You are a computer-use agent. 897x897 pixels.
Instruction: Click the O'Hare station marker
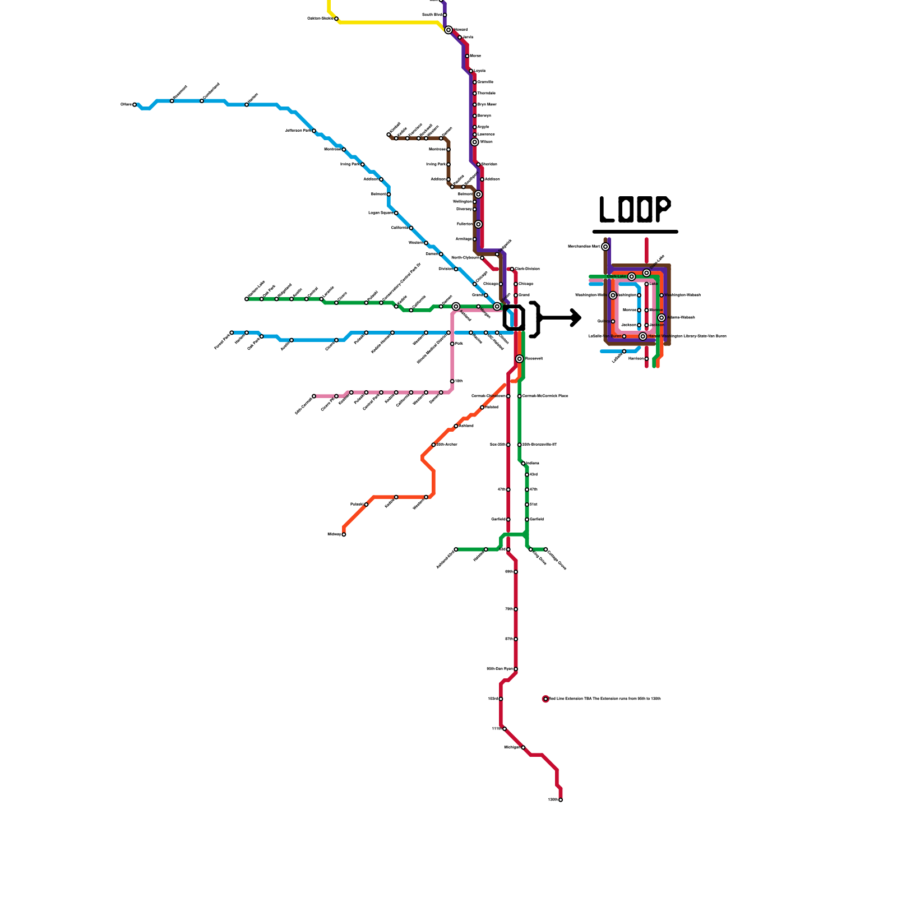pyautogui.click(x=135, y=105)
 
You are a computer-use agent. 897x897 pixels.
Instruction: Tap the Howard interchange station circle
pyautogui.click(x=449, y=30)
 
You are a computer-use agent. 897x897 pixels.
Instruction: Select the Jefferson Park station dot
pyautogui.click(x=314, y=131)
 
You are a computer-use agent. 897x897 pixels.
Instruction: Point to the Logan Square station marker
pyautogui.click(x=396, y=213)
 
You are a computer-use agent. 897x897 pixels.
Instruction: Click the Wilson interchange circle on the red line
pyautogui.click(x=475, y=142)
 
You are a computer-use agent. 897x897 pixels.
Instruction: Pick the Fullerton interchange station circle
pyautogui.click(x=478, y=224)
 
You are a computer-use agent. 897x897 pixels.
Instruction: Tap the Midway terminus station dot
pyautogui.click(x=344, y=535)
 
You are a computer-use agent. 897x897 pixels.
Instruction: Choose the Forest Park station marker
pyautogui.click(x=232, y=333)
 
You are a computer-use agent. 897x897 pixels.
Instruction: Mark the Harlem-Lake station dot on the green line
pyautogui.click(x=247, y=299)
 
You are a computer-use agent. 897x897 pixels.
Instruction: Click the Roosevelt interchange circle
pyautogui.click(x=520, y=359)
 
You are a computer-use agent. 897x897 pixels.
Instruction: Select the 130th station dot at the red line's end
pyautogui.click(x=561, y=800)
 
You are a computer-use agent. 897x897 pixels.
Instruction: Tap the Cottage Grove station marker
pyautogui.click(x=545, y=549)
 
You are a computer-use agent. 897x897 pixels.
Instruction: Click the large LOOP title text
pyautogui.click(x=635, y=210)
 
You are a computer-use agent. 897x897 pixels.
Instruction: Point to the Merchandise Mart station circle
pyautogui.click(x=605, y=247)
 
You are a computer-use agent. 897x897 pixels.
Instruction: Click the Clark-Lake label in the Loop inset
pyautogui.click(x=617, y=276)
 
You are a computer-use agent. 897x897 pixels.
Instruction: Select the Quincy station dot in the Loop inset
pyautogui.click(x=613, y=322)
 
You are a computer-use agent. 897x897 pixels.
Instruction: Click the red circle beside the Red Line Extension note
pyautogui.click(x=545, y=699)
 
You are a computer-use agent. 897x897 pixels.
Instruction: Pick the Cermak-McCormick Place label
pyautogui.click(x=545, y=396)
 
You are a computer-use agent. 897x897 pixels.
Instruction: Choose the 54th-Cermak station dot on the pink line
pyautogui.click(x=314, y=396)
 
